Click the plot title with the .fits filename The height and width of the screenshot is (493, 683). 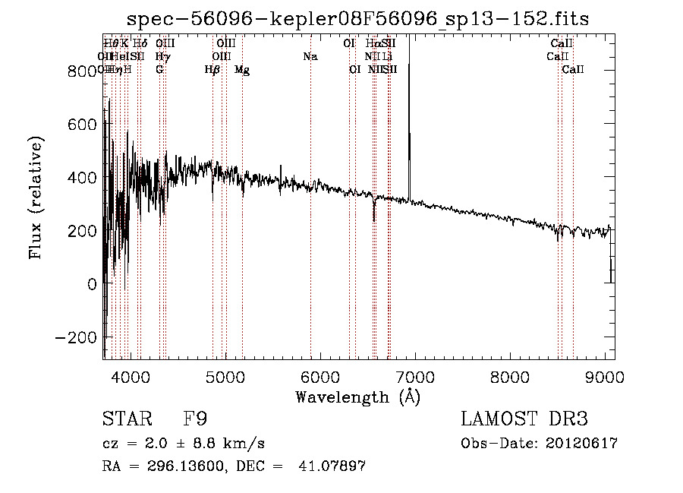[357, 19]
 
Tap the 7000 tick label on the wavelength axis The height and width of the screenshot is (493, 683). [414, 377]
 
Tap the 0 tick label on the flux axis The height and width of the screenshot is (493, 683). [92, 284]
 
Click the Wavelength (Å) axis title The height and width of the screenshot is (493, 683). [357, 397]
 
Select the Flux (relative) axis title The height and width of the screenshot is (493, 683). [36, 198]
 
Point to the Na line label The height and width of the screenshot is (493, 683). [310, 56]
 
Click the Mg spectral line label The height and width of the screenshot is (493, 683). [242, 70]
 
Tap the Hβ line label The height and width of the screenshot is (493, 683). [212, 70]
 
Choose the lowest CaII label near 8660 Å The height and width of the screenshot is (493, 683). [573, 70]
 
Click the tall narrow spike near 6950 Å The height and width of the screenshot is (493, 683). [409, 114]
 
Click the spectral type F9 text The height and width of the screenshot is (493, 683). [197, 419]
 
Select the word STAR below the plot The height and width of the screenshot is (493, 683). [125, 419]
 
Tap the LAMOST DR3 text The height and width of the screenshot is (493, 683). [524, 419]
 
